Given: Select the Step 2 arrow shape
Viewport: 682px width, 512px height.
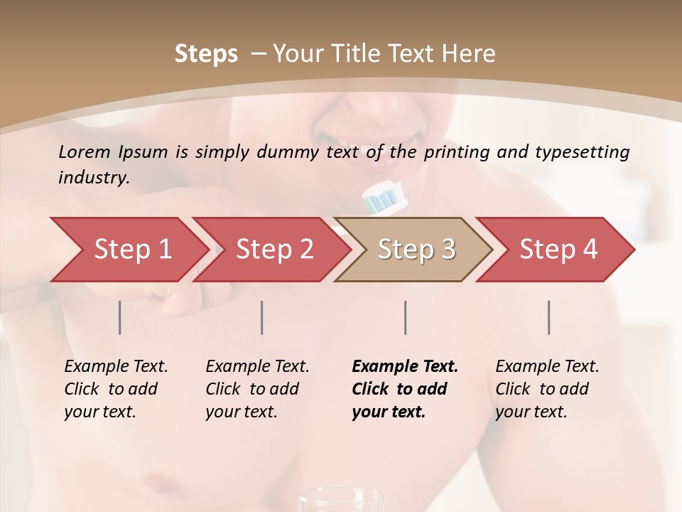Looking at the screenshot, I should tap(274, 250).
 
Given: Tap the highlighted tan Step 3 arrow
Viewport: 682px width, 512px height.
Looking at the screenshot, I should tap(416, 250).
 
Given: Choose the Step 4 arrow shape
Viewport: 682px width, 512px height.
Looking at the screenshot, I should tap(558, 250).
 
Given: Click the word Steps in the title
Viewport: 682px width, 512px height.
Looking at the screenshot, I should tap(206, 54).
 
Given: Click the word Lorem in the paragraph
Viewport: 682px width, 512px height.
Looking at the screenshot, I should tap(85, 151).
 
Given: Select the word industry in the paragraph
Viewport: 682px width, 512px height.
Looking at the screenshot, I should tap(92, 178).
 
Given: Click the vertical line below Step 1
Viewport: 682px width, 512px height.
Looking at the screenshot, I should tap(119, 317).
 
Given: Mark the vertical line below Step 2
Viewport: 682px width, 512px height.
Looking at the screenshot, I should tap(262, 317).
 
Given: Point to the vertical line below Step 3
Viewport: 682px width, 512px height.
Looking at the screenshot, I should tap(405, 317).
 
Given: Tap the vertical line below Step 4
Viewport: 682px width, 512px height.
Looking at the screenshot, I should tap(548, 317).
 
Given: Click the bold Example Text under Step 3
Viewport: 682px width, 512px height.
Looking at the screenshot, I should tap(405, 367).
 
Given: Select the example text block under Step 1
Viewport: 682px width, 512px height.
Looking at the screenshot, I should tap(116, 389).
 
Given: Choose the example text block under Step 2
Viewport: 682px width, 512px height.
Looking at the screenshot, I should tap(257, 389).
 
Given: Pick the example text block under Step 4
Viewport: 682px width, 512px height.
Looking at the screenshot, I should tap(547, 389).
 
